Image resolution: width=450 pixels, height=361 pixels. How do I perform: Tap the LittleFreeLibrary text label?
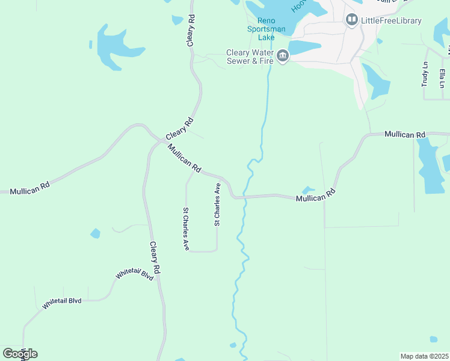[391, 20]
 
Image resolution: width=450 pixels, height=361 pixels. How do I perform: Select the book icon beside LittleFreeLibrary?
[352, 20]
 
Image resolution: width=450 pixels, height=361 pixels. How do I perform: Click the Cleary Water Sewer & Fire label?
[249, 57]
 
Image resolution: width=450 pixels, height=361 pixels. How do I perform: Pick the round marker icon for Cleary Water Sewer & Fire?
[282, 57]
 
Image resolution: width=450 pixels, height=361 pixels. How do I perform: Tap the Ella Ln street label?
[442, 78]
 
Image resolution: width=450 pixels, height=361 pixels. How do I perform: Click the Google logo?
[20, 353]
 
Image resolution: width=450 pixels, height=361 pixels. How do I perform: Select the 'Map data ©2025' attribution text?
[424, 356]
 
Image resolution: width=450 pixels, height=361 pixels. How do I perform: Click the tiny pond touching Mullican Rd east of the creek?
[308, 190]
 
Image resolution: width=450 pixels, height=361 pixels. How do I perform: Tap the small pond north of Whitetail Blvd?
[95, 233]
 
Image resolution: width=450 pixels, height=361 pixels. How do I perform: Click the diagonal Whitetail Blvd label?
[135, 274]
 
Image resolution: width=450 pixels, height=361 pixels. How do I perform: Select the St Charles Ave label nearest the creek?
[217, 205]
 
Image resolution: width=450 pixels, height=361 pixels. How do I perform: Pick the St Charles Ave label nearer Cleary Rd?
[186, 229]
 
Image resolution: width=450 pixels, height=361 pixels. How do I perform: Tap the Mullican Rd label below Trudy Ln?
[405, 134]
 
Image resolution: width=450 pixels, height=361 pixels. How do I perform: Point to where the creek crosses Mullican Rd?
[245, 196]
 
